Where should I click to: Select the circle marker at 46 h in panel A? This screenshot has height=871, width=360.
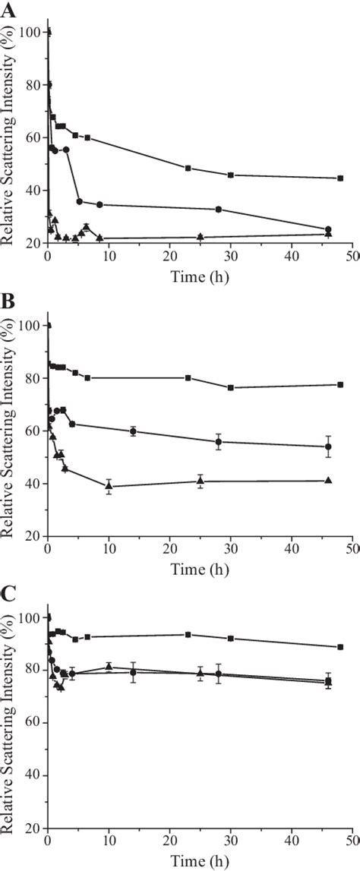328,229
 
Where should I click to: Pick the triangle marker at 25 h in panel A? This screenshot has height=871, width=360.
200,237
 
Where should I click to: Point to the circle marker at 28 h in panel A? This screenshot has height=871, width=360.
219,210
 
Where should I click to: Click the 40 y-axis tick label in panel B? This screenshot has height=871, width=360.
35,484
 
